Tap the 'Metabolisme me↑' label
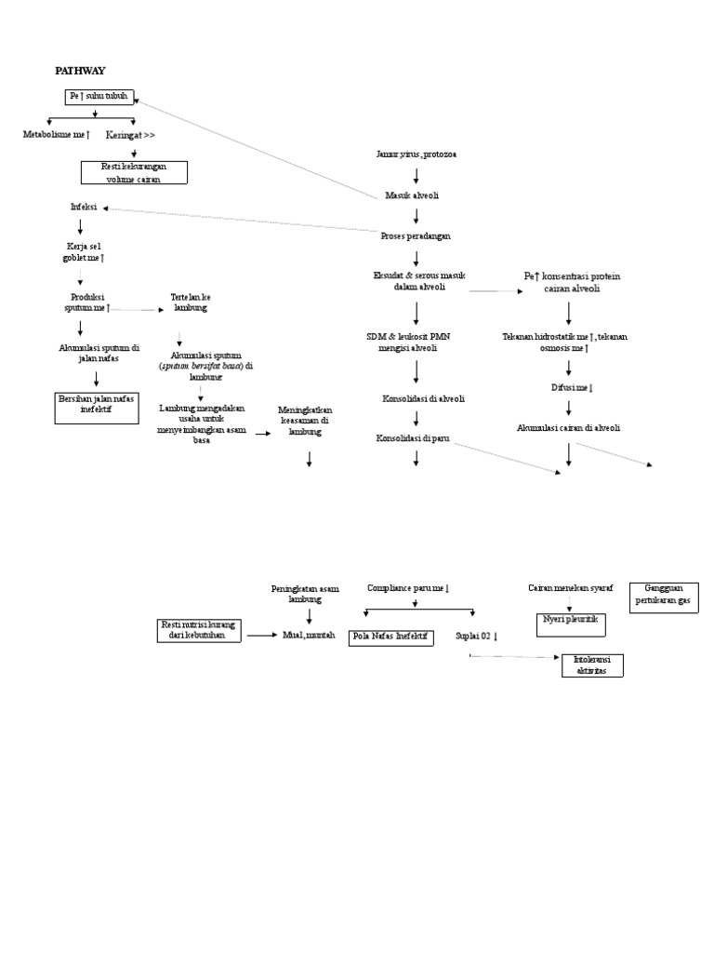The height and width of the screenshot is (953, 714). pos(57,135)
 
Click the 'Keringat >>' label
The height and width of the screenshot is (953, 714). pos(130,135)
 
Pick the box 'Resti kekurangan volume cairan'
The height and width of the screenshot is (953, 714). pos(134,172)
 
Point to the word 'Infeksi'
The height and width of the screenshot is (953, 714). pos(84,207)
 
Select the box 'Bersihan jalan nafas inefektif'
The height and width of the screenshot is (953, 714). pos(97,406)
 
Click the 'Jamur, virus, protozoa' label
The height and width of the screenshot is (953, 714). pos(416,154)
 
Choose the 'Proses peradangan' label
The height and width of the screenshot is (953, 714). pos(416,236)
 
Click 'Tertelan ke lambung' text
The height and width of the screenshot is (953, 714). pos(191,302)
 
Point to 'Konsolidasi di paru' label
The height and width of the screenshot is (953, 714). pos(412,437)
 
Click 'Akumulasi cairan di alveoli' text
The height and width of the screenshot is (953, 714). pos(569,428)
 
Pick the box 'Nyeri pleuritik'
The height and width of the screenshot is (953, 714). pos(571,623)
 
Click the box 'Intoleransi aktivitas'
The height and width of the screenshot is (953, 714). pos(592,665)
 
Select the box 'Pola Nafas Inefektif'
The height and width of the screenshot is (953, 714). pos(389,638)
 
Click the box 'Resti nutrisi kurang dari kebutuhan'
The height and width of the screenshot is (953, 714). pos(199,630)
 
